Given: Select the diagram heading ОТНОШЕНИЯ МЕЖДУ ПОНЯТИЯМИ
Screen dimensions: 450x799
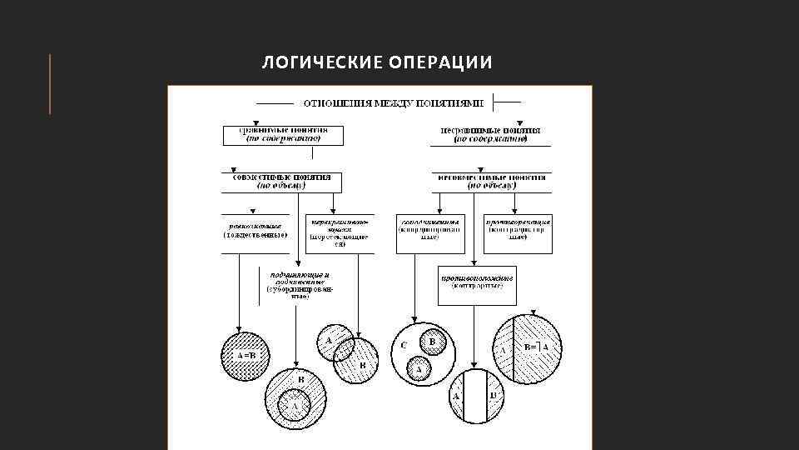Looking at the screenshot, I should pyautogui.click(x=393, y=103).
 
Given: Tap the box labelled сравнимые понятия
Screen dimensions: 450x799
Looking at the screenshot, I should pyautogui.click(x=283, y=135).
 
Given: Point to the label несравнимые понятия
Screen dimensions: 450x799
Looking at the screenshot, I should pyautogui.click(x=490, y=135).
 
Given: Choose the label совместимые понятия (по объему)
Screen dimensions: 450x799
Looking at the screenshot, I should pyautogui.click(x=281, y=182).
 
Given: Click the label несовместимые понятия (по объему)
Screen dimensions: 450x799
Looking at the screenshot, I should pyautogui.click(x=491, y=182).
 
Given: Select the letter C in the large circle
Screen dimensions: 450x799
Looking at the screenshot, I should pyautogui.click(x=404, y=345).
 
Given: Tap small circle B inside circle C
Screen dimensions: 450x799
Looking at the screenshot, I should pyautogui.click(x=431, y=341).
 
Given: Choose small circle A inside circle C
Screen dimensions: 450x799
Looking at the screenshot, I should pyautogui.click(x=419, y=367).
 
